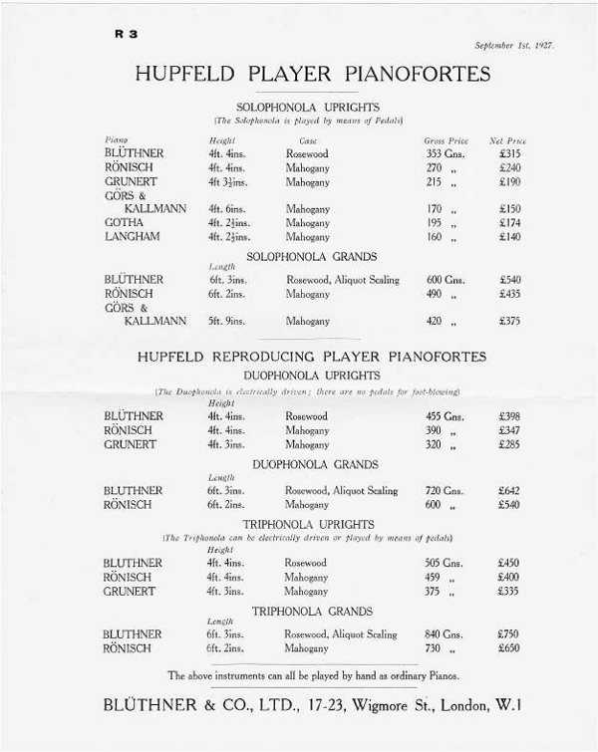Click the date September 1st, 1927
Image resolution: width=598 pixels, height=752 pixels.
[x=514, y=46]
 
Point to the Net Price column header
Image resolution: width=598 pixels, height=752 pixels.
[x=508, y=140]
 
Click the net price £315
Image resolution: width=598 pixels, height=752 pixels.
[x=509, y=154]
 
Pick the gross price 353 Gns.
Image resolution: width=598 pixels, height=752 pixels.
[x=445, y=154]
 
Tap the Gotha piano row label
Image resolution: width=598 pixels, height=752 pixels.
[x=124, y=223]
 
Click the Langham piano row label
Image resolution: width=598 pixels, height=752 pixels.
[x=130, y=237]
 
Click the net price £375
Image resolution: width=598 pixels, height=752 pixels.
[x=509, y=321]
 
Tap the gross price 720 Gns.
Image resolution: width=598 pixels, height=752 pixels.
[x=446, y=491]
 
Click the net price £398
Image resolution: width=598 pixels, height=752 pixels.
[x=509, y=416]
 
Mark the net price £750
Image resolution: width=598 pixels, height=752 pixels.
[x=509, y=634]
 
